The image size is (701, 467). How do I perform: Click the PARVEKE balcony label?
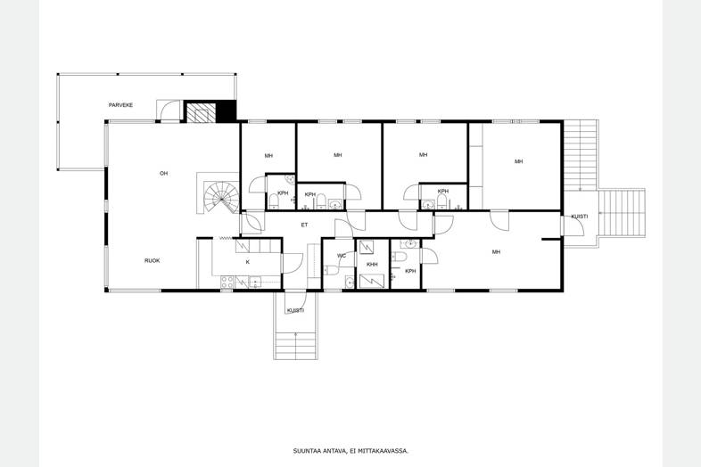(x=120, y=105)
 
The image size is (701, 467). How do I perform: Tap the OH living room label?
(x=163, y=173)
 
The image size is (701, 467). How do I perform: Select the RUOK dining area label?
(x=152, y=260)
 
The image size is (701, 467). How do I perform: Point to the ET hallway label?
(x=304, y=225)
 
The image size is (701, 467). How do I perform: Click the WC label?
(x=342, y=256)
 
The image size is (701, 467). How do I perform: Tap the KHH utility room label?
(x=372, y=265)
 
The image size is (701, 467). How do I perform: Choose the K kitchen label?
(x=248, y=262)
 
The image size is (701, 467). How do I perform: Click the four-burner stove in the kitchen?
(x=227, y=282)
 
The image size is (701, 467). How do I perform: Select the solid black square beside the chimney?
(x=226, y=111)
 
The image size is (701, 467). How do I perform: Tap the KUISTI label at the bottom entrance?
(x=295, y=310)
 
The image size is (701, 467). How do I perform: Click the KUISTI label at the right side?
(x=580, y=217)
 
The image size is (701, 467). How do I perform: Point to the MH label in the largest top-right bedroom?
(x=518, y=161)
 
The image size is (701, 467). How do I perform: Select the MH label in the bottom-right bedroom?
(x=496, y=252)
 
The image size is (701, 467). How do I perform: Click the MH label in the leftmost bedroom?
(x=268, y=156)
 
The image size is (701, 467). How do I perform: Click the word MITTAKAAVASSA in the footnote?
(x=386, y=451)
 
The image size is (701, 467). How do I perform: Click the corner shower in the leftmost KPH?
(x=290, y=180)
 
